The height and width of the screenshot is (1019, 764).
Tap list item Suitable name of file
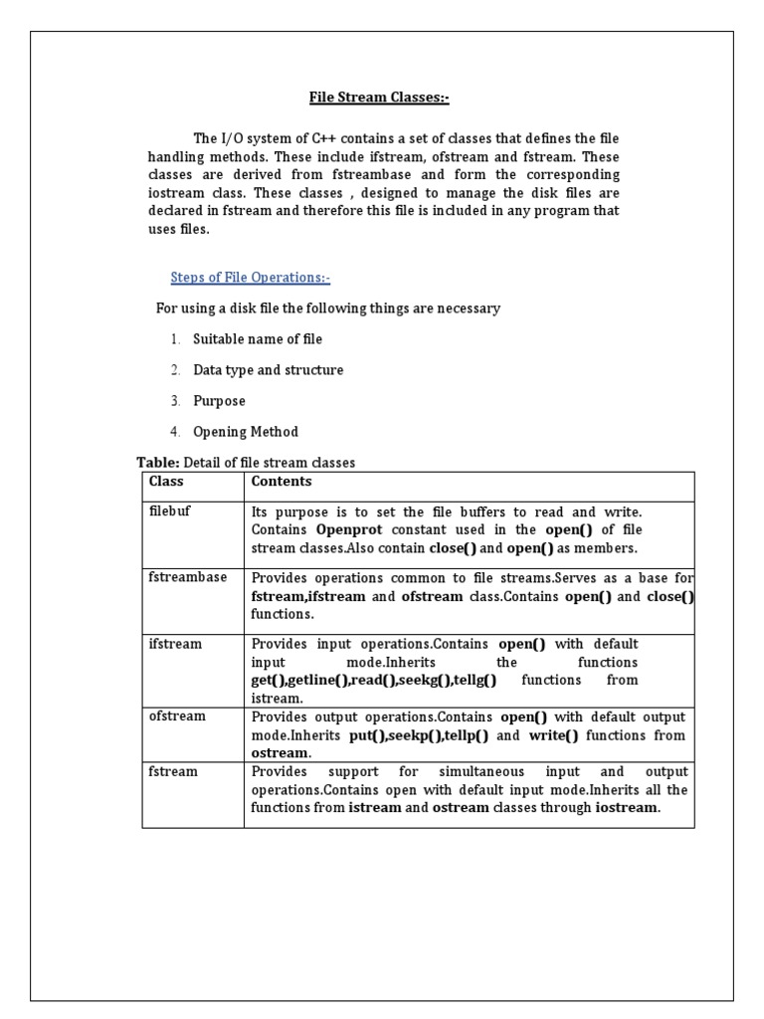point(258,339)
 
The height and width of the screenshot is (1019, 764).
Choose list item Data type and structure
point(268,370)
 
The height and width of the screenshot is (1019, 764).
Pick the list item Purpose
point(219,401)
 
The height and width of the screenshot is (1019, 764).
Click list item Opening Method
point(246,432)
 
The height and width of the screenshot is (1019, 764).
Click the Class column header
point(166,482)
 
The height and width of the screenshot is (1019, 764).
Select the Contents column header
point(282,482)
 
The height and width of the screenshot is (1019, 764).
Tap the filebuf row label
point(168,510)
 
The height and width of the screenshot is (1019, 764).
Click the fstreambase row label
point(188,577)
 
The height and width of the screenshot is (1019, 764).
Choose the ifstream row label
point(175,644)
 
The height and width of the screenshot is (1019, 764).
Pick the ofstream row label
point(177,716)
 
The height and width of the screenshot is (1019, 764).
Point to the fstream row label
point(173,771)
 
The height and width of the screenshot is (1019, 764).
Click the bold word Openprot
point(348,529)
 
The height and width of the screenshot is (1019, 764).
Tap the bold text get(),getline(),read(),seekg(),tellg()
point(373,680)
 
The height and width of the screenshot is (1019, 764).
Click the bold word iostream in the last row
point(627,808)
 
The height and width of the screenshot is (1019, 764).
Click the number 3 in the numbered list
point(174,401)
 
